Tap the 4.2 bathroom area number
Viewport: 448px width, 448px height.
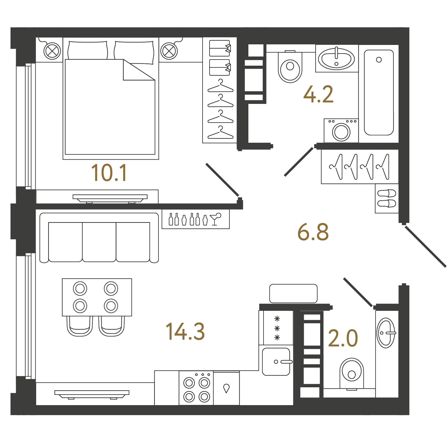pos(318,94)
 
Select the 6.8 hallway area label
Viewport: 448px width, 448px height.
pos(313,232)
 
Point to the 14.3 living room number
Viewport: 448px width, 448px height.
pos(185,331)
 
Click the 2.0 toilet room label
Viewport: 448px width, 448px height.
pos(343,338)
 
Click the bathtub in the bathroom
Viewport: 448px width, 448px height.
pos(379,93)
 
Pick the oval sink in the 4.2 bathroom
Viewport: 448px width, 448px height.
pos(337,59)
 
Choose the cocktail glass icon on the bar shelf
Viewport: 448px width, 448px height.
pos(215,219)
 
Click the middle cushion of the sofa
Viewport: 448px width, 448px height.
pos(99,242)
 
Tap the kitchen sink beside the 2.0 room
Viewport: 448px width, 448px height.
pos(276,362)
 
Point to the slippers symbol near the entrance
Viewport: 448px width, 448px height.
pos(387,198)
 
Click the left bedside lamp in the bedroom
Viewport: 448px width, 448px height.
pos(52,51)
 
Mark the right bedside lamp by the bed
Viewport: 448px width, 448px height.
pos(169,51)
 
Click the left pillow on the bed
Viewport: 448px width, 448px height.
pos(88,50)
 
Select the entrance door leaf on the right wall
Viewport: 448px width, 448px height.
pos(426,247)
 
